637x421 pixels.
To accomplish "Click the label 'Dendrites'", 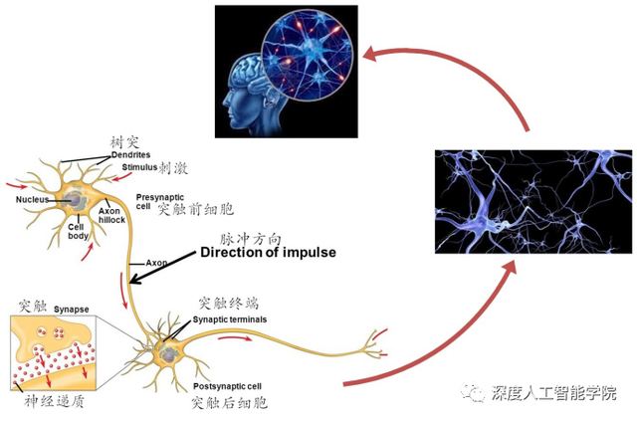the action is (130, 155).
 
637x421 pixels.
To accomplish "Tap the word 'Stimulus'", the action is (139, 167).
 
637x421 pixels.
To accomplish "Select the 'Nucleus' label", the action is (32, 199).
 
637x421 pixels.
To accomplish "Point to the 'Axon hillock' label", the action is (111, 215).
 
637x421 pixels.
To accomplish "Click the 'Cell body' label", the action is (78, 231).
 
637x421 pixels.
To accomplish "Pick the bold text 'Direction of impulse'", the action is (268, 253).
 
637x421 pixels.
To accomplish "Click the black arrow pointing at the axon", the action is (162, 267).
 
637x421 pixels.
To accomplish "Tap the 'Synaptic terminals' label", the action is (230, 319).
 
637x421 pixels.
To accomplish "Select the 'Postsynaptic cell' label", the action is (227, 386).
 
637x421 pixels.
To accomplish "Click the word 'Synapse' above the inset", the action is (71, 310).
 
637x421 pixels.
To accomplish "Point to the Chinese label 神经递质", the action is (54, 401).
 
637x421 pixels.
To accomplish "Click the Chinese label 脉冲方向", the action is (250, 239).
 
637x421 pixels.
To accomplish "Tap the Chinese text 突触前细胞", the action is (195, 209).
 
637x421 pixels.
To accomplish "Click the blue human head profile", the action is (248, 98).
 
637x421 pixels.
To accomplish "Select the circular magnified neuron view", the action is (307, 55).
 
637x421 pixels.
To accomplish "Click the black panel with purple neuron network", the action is (533, 202).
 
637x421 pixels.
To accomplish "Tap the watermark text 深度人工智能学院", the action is (553, 393).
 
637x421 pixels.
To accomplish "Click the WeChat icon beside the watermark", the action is (473, 392).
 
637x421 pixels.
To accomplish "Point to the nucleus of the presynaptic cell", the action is (73, 199).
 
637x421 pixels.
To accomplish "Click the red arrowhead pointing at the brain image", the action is (370, 54).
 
